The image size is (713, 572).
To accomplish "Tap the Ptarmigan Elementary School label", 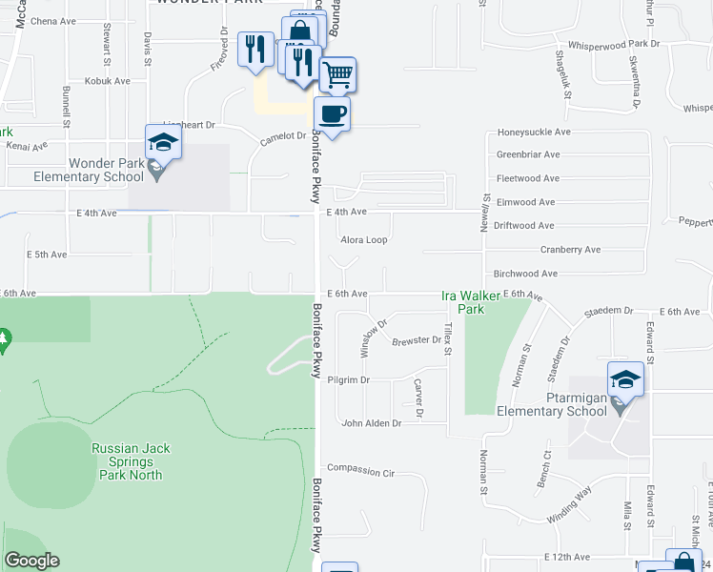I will pyautogui.click(x=551, y=404).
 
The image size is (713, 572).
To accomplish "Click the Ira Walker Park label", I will pyautogui.click(x=463, y=302).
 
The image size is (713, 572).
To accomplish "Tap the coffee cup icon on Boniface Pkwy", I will pyautogui.click(x=332, y=114).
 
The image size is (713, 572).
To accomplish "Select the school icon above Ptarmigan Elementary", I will pyautogui.click(x=625, y=378).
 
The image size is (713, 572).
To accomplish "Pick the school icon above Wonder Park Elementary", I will pyautogui.click(x=163, y=142).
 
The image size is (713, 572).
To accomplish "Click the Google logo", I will pyautogui.click(x=31, y=561).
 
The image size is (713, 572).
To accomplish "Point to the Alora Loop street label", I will pyautogui.click(x=364, y=240).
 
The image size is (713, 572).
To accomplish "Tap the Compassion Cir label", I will pyautogui.click(x=360, y=470).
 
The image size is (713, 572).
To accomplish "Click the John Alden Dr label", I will pyautogui.click(x=371, y=422).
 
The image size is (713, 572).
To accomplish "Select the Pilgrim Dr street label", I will pyautogui.click(x=348, y=380).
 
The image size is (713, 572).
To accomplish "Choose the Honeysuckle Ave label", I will pyautogui.click(x=534, y=133).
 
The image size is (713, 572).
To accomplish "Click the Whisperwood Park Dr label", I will pyautogui.click(x=614, y=44).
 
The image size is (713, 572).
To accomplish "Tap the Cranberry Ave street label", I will pyautogui.click(x=570, y=250).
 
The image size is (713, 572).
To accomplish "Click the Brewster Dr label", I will pyautogui.click(x=417, y=340).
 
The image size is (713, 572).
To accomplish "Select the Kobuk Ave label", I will pyautogui.click(x=109, y=81).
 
